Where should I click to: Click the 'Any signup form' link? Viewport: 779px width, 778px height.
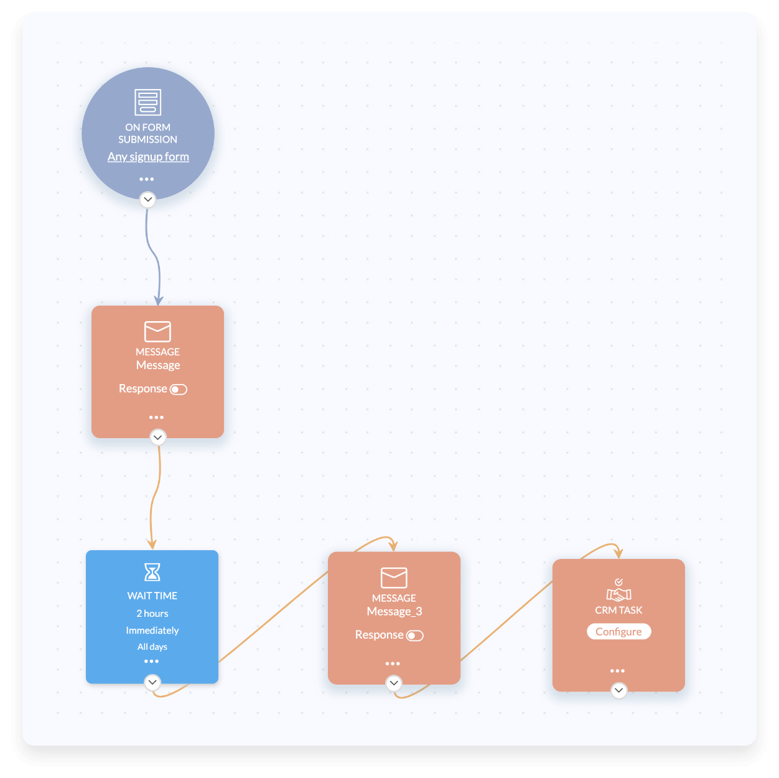click(148, 157)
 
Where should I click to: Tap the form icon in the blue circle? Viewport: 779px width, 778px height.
click(148, 102)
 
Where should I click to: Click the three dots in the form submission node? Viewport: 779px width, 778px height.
click(147, 179)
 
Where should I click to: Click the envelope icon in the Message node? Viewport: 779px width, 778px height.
click(157, 331)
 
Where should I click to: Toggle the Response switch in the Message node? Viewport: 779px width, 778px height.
click(179, 390)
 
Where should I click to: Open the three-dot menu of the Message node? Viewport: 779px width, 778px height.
click(157, 418)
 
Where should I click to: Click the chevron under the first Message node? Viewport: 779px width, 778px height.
click(158, 438)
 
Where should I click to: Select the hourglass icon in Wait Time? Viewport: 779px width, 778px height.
click(152, 572)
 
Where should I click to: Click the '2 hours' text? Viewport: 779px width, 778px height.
click(152, 614)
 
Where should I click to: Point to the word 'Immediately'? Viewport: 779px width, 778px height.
click(152, 630)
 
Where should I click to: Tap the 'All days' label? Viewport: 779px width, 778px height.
click(152, 647)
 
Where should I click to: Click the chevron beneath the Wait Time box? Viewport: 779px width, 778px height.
click(152, 683)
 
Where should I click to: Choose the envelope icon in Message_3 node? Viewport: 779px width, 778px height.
click(394, 578)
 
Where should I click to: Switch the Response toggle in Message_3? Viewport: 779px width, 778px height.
click(415, 635)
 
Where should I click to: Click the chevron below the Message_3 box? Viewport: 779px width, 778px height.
click(394, 683)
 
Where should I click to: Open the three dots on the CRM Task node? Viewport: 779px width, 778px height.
click(617, 671)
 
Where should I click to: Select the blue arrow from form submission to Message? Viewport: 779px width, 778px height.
click(154, 255)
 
